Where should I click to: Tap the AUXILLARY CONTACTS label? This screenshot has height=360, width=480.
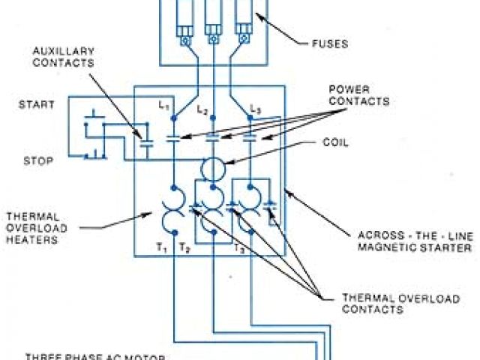(63, 57)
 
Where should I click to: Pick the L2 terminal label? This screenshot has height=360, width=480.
(202, 109)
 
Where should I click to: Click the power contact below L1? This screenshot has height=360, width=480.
(173, 137)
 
